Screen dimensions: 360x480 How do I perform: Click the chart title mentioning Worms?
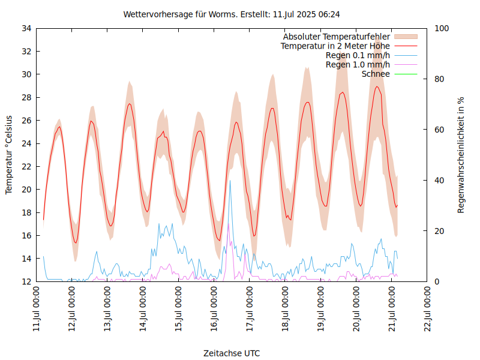pos(232,14)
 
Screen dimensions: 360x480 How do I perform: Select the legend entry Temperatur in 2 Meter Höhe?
pos(335,46)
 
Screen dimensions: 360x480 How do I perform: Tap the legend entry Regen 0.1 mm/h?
pos(358,55)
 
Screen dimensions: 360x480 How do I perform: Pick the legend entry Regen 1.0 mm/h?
pos(358,65)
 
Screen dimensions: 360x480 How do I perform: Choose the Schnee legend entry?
pos(376,74)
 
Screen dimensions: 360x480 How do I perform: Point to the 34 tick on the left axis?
pos(26,28)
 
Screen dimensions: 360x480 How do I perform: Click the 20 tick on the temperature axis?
pos(26,190)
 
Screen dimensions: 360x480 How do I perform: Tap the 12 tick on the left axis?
pos(26,281)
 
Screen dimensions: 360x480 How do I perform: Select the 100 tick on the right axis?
pos(442,28)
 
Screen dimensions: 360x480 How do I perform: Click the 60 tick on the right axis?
pos(440,130)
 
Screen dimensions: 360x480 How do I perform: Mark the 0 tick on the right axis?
pos(437,281)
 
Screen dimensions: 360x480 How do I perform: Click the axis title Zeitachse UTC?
pos(232,353)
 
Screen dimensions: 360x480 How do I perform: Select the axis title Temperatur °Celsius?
pos(9,155)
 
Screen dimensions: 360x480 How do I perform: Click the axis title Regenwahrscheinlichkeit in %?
pos(461,155)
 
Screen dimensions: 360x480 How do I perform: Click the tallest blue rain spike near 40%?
pos(230,181)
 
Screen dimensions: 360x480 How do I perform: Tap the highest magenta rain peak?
pos(228,224)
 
